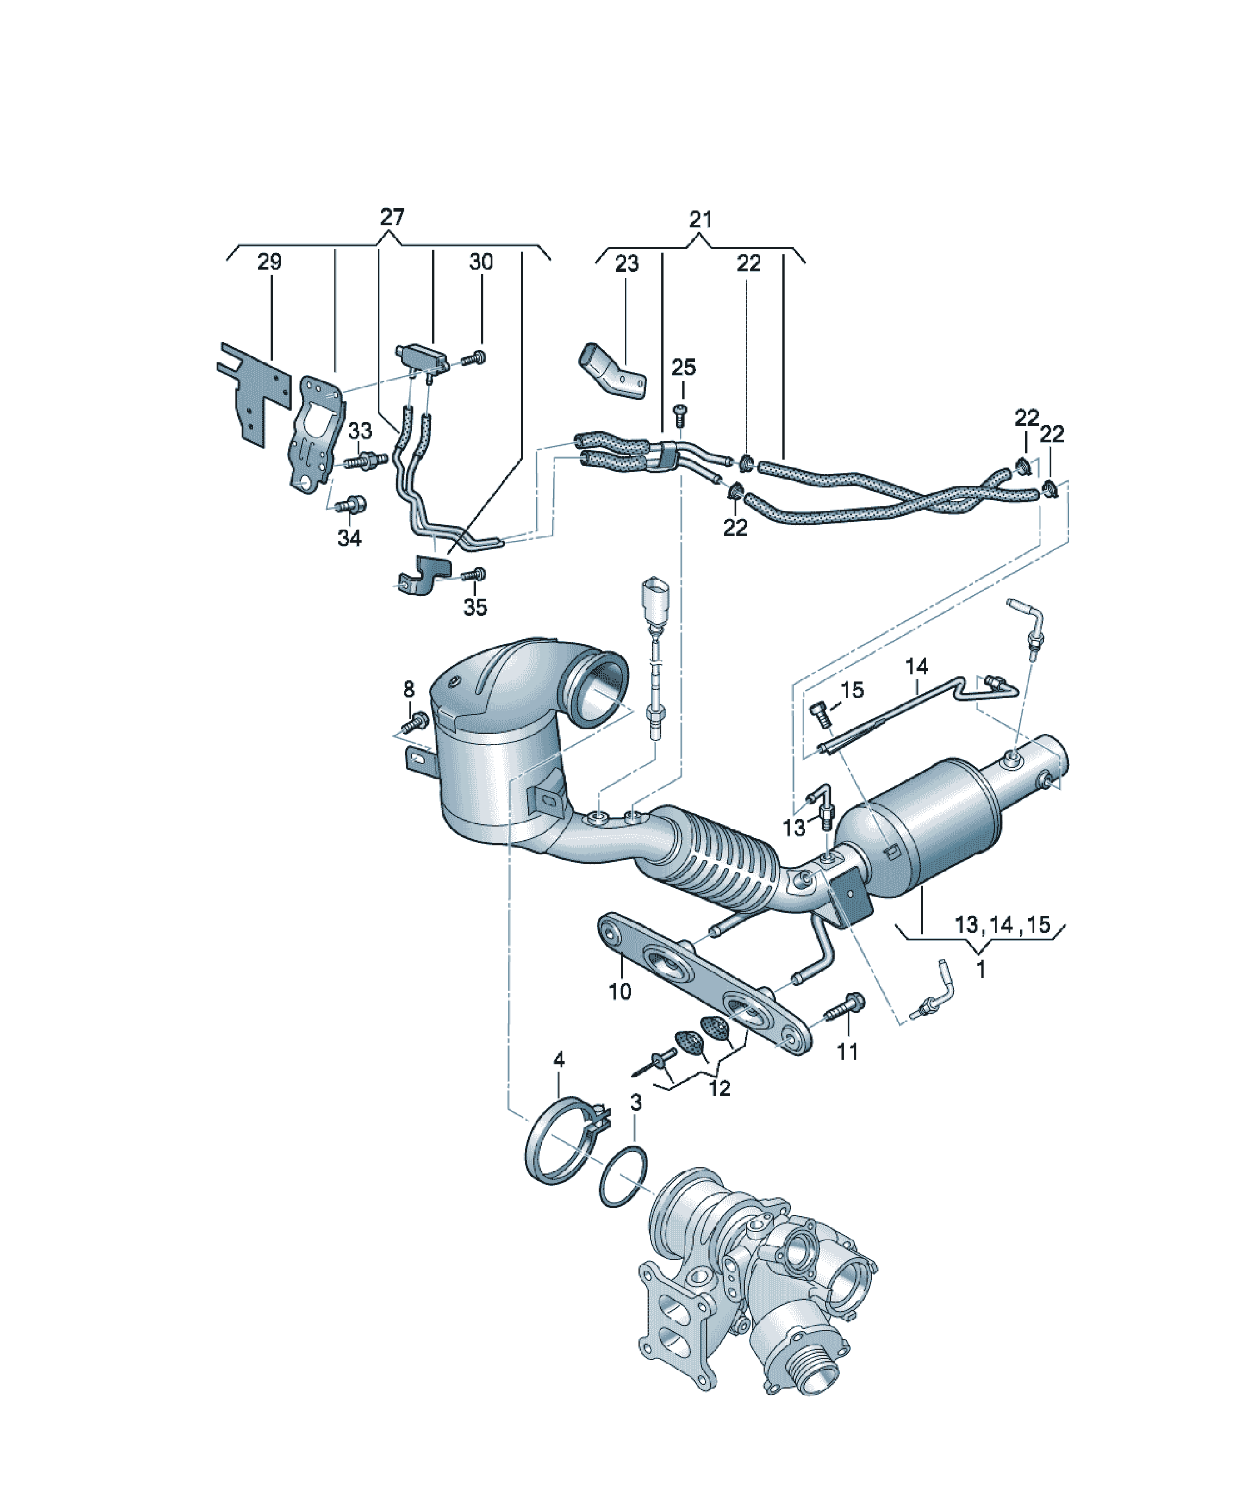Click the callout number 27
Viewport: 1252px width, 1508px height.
392,217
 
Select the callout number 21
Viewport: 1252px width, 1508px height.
700,219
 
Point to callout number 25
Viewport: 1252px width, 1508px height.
683,367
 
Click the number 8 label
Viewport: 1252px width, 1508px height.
408,689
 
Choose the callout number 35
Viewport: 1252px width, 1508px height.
475,608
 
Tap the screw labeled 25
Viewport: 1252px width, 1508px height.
679,414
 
